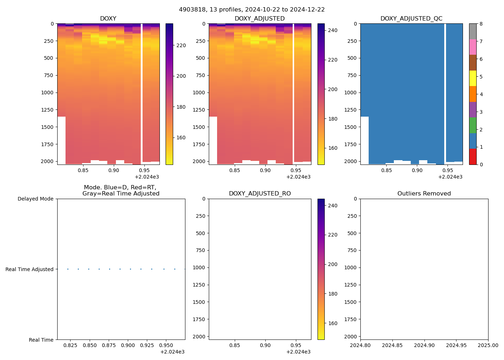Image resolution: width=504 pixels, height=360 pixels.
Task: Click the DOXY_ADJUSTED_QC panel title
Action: coord(411,19)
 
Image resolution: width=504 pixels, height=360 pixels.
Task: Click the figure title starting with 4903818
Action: coord(252,10)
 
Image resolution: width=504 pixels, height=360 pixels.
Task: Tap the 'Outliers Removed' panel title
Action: coord(424,194)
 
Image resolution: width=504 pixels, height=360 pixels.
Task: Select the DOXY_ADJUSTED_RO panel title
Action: coord(260,194)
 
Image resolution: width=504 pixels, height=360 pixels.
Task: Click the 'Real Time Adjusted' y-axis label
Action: coord(29,269)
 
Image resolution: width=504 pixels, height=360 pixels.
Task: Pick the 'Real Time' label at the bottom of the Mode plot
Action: coord(41,340)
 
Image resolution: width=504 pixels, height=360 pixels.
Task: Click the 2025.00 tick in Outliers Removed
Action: coord(488,345)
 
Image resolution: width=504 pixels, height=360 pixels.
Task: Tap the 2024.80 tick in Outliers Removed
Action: coord(360,345)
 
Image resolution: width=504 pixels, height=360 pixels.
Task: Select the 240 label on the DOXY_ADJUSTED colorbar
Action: coord(333,31)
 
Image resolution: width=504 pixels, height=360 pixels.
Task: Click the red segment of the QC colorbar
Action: coord(473,157)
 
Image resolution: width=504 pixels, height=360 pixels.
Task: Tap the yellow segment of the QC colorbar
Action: coord(473,78)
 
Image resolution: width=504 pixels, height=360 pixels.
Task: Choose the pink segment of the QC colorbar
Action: coord(473,47)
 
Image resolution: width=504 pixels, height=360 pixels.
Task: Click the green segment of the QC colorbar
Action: coord(473,125)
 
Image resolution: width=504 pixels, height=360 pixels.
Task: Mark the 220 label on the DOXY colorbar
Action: coord(181,45)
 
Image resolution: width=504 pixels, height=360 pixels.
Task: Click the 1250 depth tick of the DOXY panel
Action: coord(47,110)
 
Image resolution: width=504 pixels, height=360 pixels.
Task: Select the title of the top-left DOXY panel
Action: coord(108,19)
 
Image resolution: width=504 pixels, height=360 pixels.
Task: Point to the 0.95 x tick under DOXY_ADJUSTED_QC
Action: coord(447,170)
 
